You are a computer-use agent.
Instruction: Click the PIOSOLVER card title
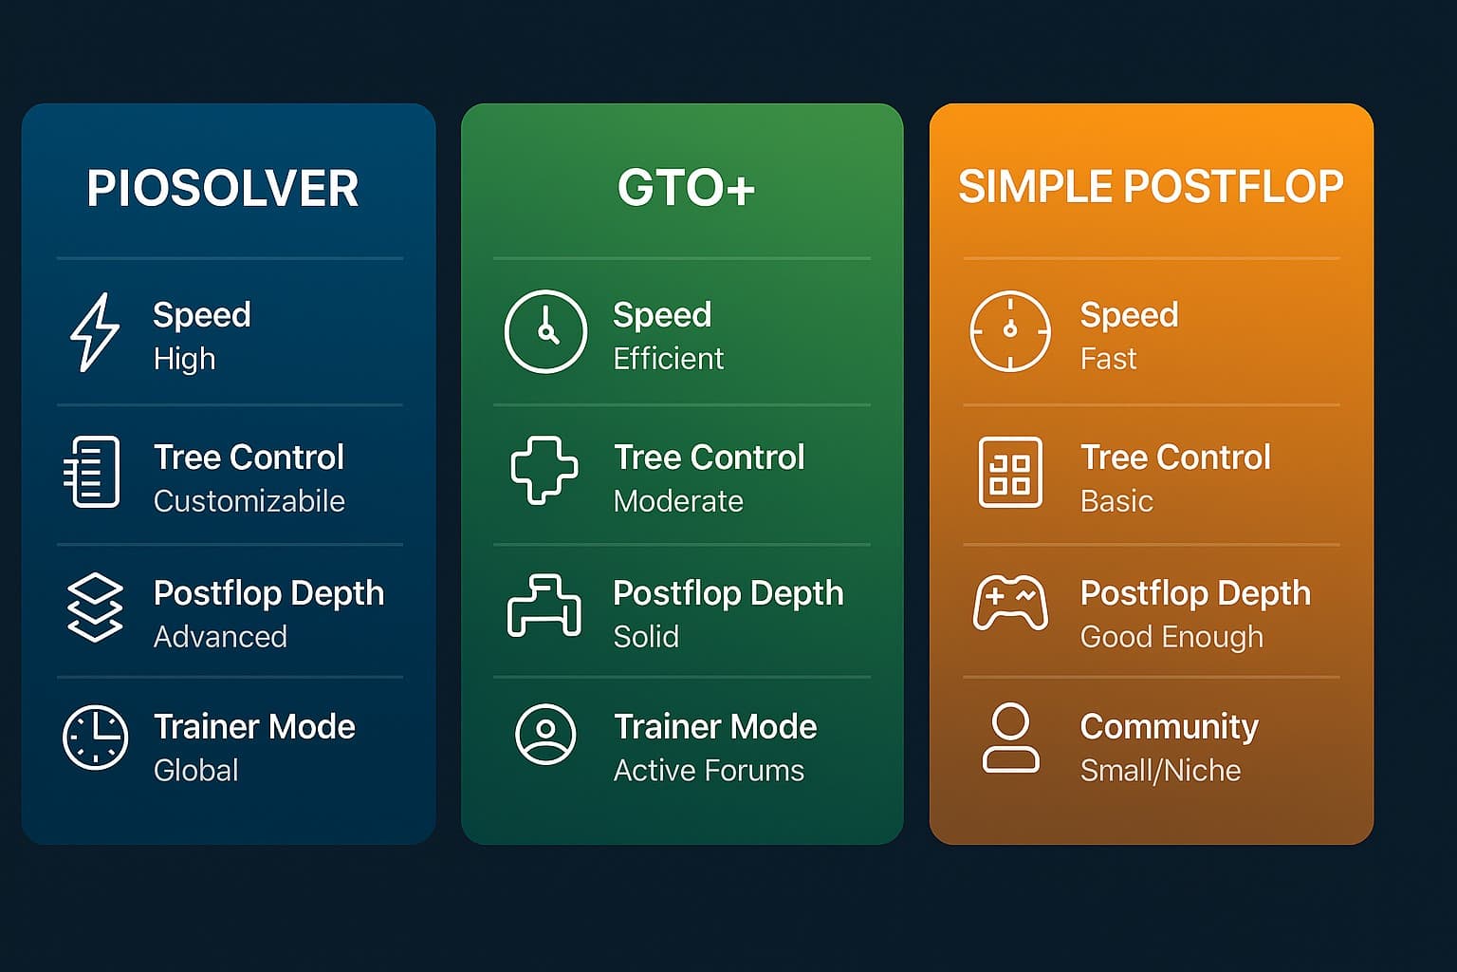point(223,188)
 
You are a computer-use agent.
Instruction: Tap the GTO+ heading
point(686,188)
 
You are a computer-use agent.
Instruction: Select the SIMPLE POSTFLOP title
point(1151,187)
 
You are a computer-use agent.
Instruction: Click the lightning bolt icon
point(95,332)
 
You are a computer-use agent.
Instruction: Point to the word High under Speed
point(184,359)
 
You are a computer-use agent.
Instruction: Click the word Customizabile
point(249,501)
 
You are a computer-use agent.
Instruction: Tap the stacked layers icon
point(95,607)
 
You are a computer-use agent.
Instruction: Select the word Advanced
point(220,637)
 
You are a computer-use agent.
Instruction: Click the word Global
point(195,771)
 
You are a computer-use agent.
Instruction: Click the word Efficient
point(669,359)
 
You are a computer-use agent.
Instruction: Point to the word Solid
point(646,637)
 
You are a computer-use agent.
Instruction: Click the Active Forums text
point(709,771)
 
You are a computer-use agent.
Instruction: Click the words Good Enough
point(1171,637)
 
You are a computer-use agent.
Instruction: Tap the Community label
point(1170,727)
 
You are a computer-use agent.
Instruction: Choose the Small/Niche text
point(1160,771)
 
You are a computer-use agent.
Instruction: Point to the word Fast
point(1108,359)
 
